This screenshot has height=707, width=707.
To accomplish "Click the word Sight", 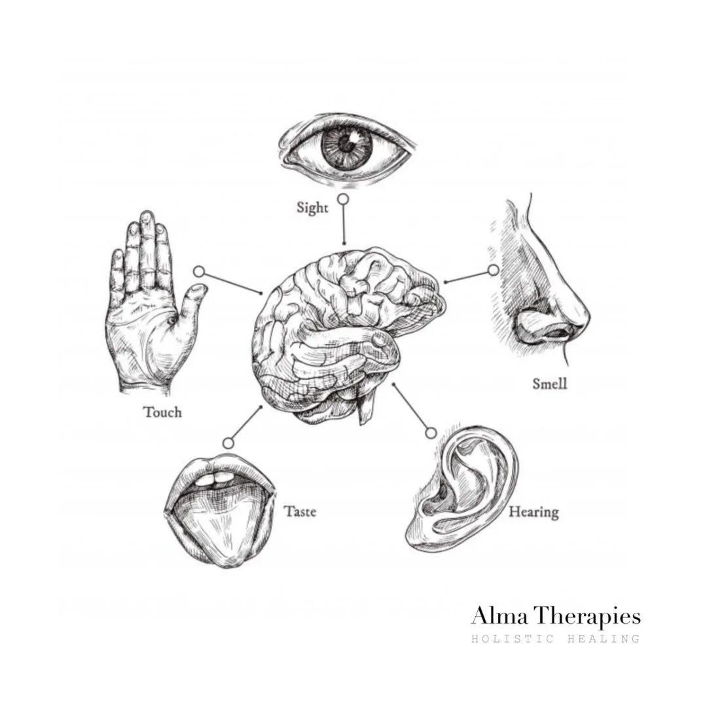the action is click(312, 208).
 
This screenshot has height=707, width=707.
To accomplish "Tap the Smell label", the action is click(549, 384).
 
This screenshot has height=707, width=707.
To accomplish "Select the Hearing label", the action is click(534, 511).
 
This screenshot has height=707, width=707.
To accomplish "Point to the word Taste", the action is click(300, 511).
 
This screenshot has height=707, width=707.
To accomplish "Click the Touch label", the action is click(162, 412).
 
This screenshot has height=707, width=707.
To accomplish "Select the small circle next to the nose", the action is click(493, 270).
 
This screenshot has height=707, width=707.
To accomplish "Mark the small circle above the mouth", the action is click(228, 443).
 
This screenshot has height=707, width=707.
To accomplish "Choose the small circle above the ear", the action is click(430, 432).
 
